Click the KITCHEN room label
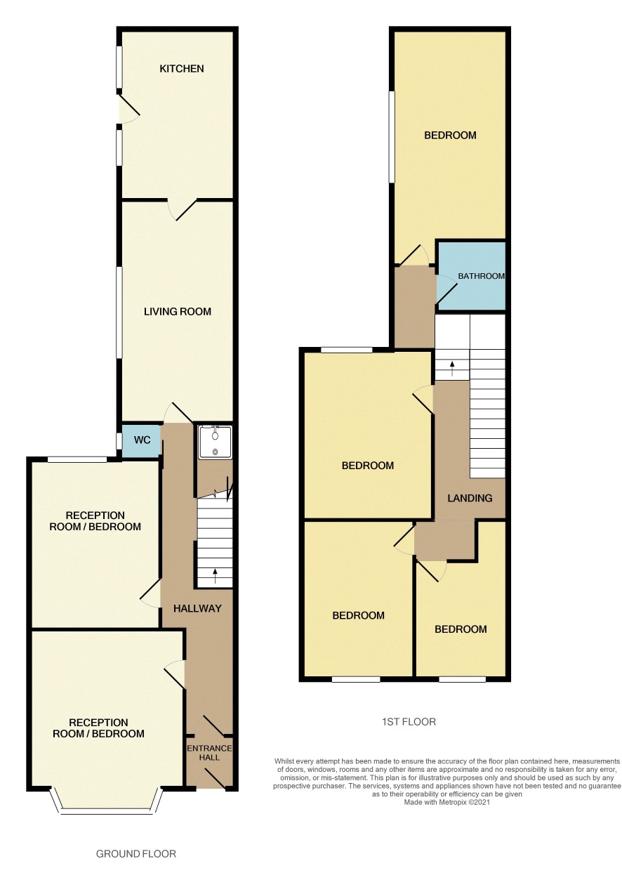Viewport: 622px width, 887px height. click(181, 69)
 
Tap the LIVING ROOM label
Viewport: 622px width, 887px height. click(178, 312)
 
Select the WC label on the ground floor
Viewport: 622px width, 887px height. click(142, 440)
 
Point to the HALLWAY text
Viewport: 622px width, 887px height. click(197, 608)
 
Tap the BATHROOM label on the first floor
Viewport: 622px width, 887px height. click(481, 276)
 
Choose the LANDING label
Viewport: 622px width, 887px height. click(470, 498)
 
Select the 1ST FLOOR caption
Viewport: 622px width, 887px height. click(409, 722)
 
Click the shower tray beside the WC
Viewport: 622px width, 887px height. click(215, 442)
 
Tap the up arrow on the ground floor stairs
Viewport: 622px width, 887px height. click(215, 577)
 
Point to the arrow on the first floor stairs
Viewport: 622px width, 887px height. click(451, 369)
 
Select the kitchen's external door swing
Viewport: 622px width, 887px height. click(129, 109)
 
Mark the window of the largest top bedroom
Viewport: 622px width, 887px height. click(391, 137)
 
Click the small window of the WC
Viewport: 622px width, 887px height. click(119, 441)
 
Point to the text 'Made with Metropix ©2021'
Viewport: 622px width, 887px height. click(446, 803)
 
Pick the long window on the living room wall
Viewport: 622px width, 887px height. click(119, 313)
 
